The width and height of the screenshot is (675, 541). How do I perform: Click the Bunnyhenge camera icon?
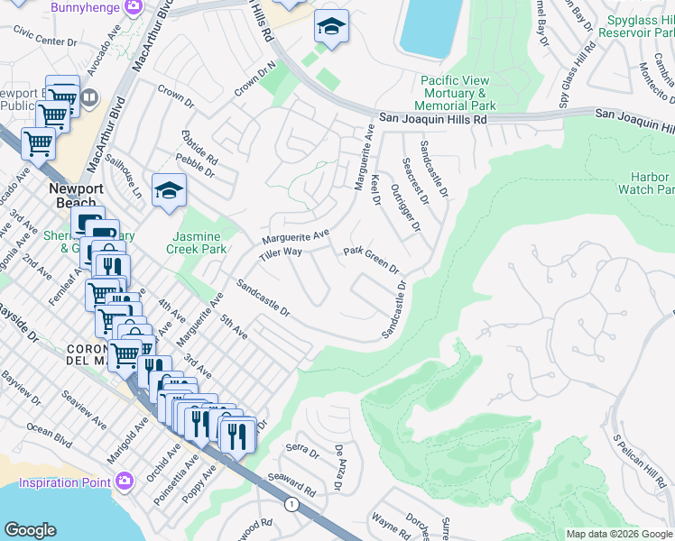coord(133,7)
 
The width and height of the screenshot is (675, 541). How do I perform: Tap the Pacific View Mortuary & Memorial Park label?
coord(467,93)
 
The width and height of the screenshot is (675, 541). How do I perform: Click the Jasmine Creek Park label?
coord(197,242)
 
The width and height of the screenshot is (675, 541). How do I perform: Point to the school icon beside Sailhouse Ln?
coord(169,190)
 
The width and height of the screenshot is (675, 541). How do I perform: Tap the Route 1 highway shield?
coord(291,505)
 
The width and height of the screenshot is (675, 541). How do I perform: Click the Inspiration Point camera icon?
coord(125,478)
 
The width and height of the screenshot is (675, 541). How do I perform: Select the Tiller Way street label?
coord(281,252)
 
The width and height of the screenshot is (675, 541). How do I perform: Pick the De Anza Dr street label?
coord(340,467)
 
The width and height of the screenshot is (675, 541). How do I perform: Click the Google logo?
coord(30,530)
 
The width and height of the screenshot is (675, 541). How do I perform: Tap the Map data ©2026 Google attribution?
coord(618,534)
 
